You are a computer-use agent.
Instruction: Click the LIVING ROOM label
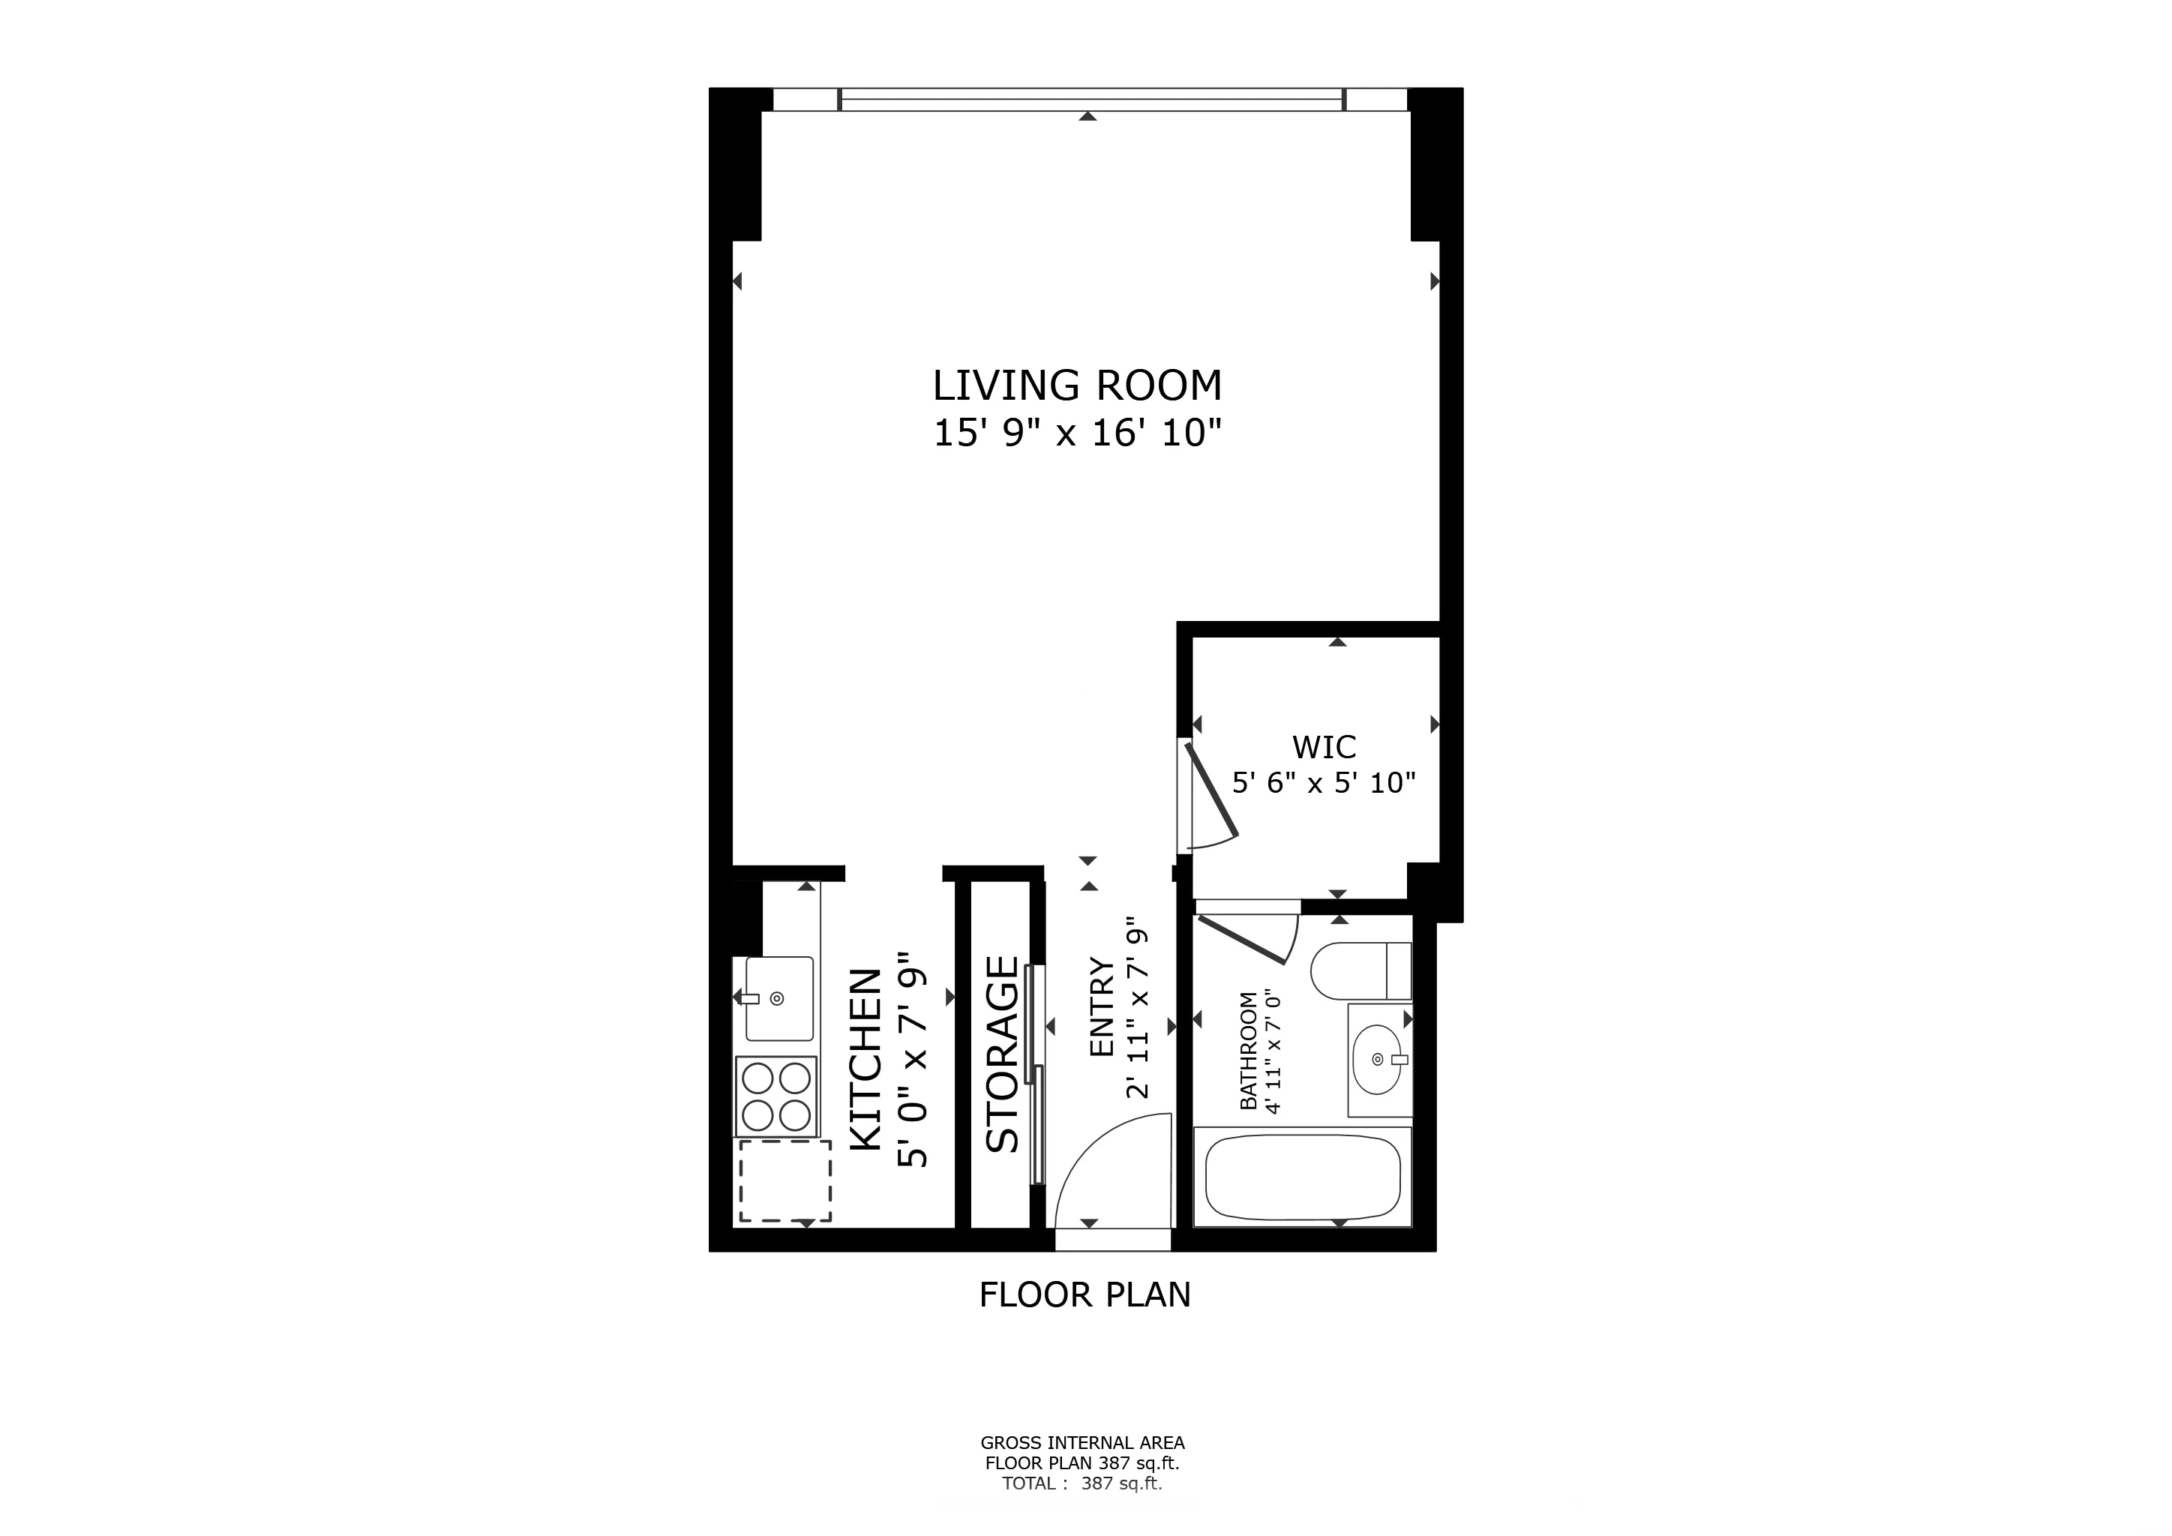[1078, 386]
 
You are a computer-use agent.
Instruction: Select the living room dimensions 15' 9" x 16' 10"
[1078, 433]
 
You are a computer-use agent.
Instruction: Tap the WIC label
[1324, 747]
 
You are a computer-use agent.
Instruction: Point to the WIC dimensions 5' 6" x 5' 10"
[1324, 782]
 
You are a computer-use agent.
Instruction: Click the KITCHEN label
[866, 1059]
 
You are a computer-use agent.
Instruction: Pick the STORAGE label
[1002, 1054]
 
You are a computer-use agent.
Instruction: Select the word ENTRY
[1102, 1007]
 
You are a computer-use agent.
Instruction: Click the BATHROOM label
[1248, 1051]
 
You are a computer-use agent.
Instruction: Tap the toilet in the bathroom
[1360, 970]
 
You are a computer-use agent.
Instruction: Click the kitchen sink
[778, 997]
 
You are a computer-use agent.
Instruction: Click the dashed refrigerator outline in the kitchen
[784, 1180]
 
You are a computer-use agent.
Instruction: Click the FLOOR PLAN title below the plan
[1084, 1294]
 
